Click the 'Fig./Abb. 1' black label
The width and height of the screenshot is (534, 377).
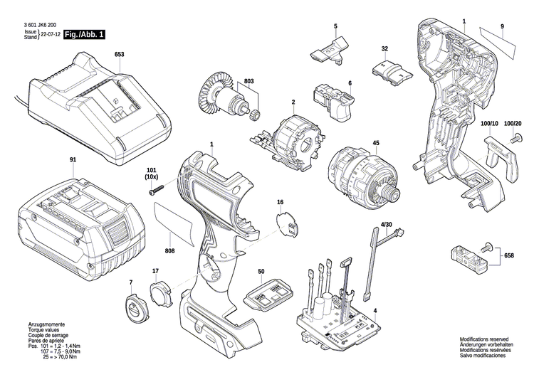click(x=83, y=34)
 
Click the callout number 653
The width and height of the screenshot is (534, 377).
click(x=119, y=54)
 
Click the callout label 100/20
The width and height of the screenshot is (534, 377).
click(x=513, y=124)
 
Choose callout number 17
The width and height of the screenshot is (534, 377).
click(x=156, y=270)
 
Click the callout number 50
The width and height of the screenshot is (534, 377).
click(x=261, y=272)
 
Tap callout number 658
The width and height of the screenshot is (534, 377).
click(x=508, y=255)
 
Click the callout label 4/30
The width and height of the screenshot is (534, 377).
click(x=386, y=225)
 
